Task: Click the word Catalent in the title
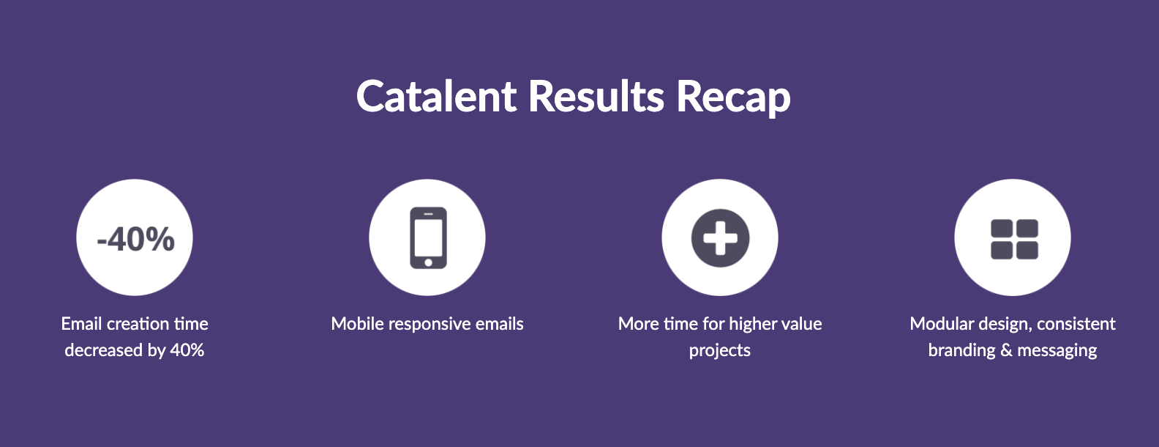(x=437, y=96)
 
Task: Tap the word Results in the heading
(x=596, y=96)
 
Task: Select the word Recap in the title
(x=734, y=98)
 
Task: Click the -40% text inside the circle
(x=135, y=240)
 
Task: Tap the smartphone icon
(x=428, y=237)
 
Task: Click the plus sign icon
(x=720, y=237)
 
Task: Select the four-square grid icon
(x=1014, y=239)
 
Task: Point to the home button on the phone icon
(x=429, y=262)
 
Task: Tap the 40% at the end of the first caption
(x=187, y=350)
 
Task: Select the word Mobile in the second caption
(x=358, y=324)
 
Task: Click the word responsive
(x=430, y=325)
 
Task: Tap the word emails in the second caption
(x=500, y=324)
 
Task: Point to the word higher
(x=754, y=325)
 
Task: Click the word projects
(x=720, y=352)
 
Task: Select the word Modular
(x=942, y=324)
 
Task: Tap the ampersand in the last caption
(x=1006, y=350)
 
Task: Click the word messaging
(x=1057, y=352)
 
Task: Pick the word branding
(x=962, y=352)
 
